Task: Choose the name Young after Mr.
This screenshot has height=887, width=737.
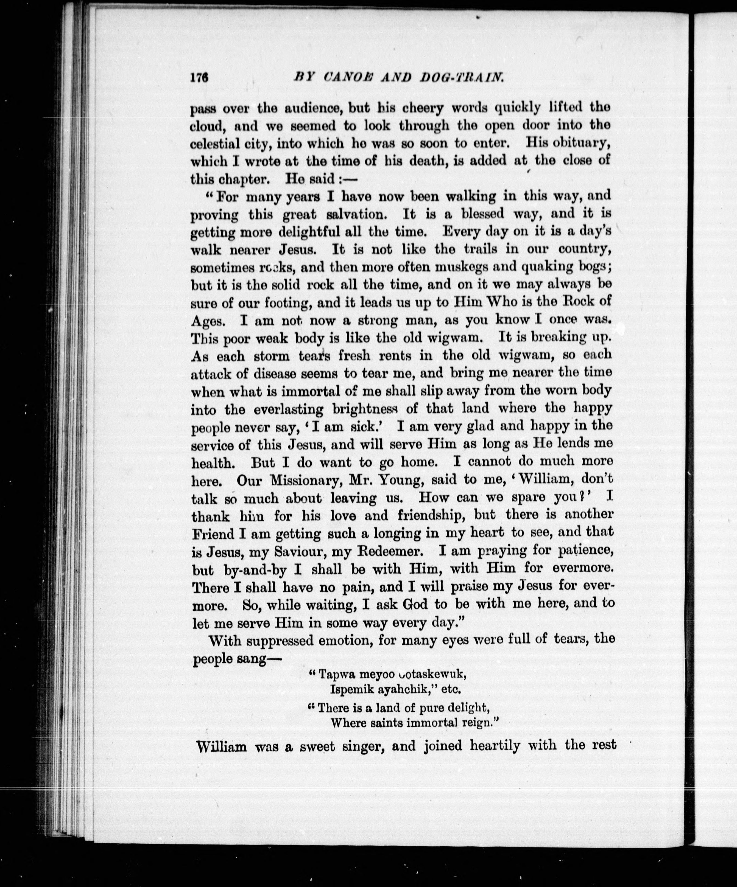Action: pyautogui.click(x=410, y=480)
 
